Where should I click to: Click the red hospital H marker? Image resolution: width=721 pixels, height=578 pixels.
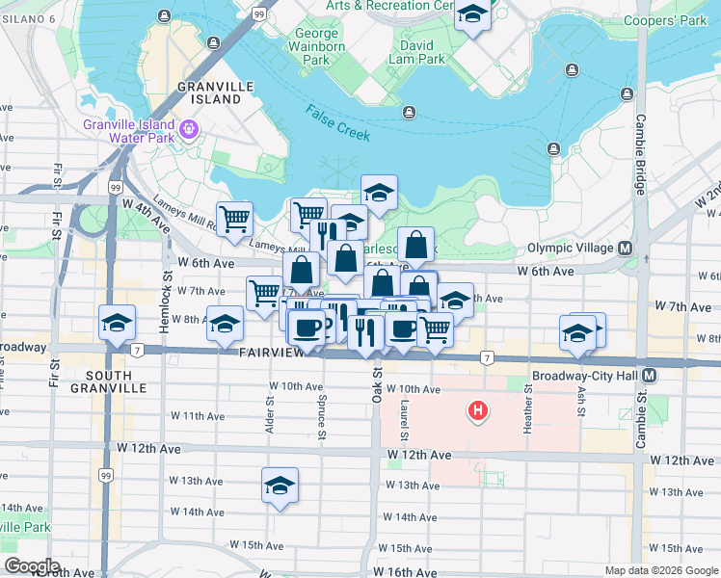click(476, 411)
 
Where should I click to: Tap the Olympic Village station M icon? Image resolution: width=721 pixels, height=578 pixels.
click(626, 248)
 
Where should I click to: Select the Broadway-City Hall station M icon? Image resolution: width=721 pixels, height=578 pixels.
click(651, 375)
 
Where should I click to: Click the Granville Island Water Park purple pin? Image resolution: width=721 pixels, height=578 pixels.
click(190, 128)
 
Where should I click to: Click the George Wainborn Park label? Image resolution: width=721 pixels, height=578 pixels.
click(317, 46)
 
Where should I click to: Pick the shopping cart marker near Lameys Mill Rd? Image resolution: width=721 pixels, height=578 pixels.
click(234, 219)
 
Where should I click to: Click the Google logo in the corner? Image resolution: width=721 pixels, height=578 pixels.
click(33, 566)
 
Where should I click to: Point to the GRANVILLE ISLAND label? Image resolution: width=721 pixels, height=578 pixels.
click(209, 92)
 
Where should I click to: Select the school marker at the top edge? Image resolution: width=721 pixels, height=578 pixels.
click(472, 14)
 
